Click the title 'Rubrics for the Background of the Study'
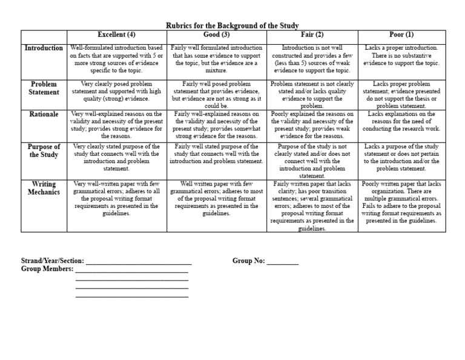coord(232,25)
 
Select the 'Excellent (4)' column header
coord(116,35)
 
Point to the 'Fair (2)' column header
coord(313,35)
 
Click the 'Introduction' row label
coord(44,48)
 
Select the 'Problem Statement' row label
coord(44,88)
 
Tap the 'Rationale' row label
coord(44,114)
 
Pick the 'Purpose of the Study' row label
coord(44,150)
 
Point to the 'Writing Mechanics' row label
coord(44,187)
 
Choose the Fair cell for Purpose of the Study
coord(313,161)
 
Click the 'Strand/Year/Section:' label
coord(53,261)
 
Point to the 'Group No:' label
coord(249,261)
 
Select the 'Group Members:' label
coord(47,270)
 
